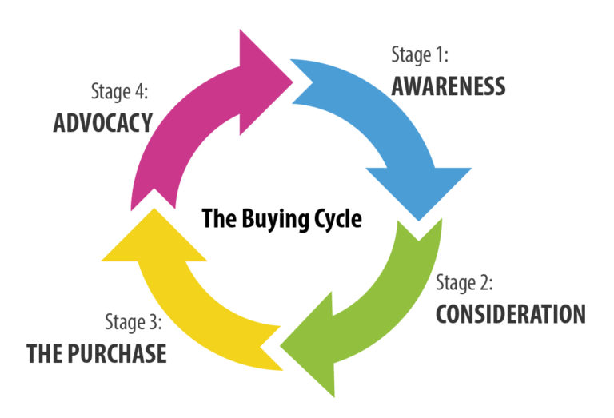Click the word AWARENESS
pyautogui.click(x=448, y=86)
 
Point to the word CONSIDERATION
pyautogui.click(x=510, y=313)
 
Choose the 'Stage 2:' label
pyautogui.click(x=464, y=283)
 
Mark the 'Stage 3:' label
pyautogui.click(x=134, y=322)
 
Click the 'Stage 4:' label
pyautogui.click(x=121, y=91)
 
